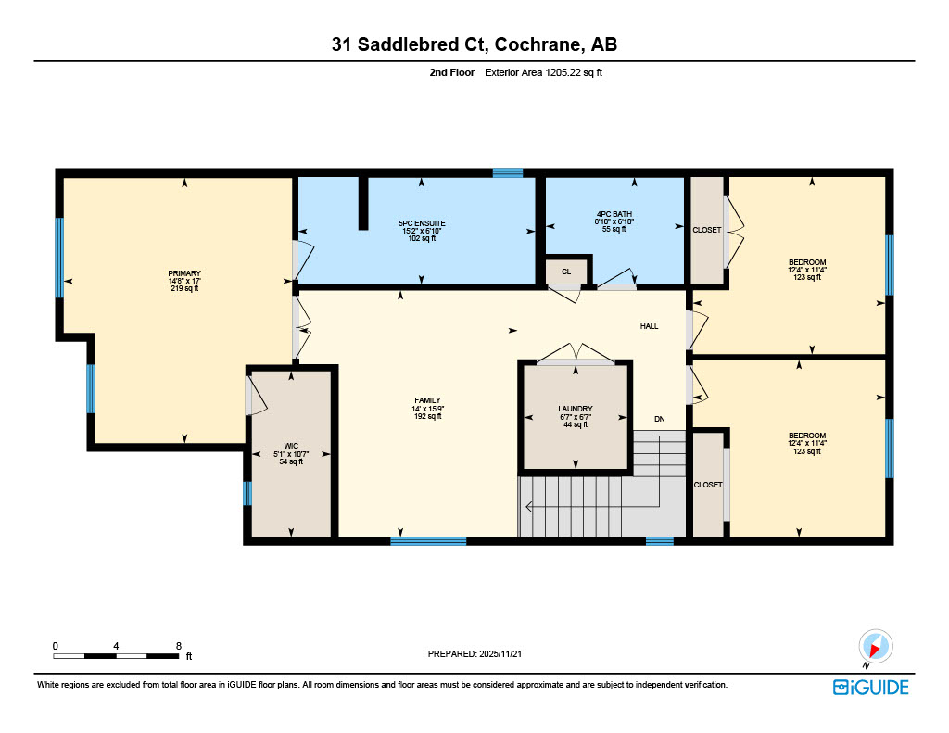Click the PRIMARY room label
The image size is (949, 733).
point(183,273)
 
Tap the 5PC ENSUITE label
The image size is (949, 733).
point(422,223)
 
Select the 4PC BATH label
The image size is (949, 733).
point(614,215)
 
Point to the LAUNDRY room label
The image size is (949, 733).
point(575,409)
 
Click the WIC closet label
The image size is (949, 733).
point(291,446)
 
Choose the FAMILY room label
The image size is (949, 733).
point(427,400)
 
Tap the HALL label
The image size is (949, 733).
point(649,326)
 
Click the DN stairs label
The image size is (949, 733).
point(659,419)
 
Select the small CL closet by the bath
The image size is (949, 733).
point(565,272)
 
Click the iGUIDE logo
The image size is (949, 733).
point(870,687)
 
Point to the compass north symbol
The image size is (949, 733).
point(874,646)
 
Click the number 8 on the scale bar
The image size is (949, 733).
point(177,645)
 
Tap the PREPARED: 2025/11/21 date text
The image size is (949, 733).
point(480,653)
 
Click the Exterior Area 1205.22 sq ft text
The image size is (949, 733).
point(543,71)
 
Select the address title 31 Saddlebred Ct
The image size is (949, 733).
point(474,44)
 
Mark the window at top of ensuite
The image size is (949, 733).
point(508,172)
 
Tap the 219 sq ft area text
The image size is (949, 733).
point(183,288)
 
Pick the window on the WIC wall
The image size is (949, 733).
point(247,492)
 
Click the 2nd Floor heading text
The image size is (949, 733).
point(451,71)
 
